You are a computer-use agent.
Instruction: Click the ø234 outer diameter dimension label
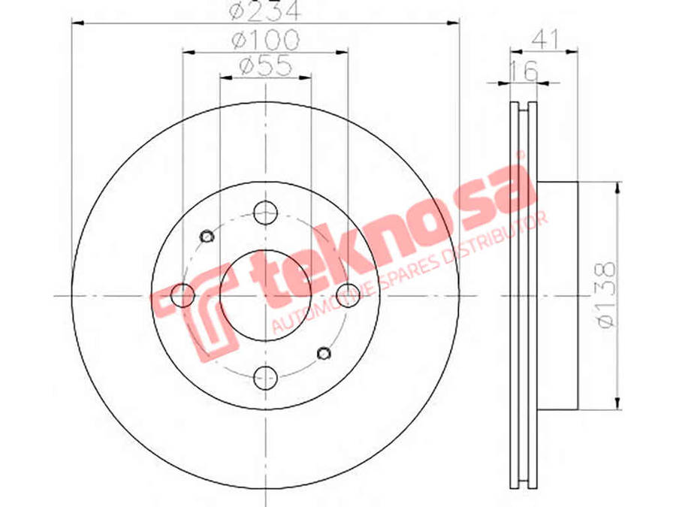tap(264, 10)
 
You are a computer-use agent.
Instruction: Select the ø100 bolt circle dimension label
tap(265, 40)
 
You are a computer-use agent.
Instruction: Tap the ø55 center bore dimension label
tap(265, 66)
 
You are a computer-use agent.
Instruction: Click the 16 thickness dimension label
tap(524, 71)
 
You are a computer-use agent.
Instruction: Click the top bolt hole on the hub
tap(265, 213)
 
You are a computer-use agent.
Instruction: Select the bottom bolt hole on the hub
tap(265, 378)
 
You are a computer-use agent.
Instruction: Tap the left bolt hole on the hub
tap(183, 295)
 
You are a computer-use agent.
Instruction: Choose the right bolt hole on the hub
tap(348, 295)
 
